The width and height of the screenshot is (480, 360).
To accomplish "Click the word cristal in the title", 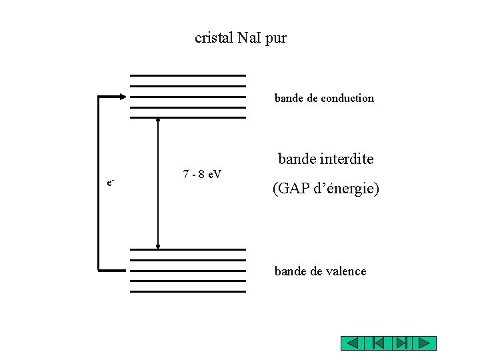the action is tap(213, 38).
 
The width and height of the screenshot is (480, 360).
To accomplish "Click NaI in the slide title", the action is tap(248, 38).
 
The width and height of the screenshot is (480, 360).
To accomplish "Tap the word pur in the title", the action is tap(276, 39).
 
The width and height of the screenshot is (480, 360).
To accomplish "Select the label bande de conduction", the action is tap(324, 98).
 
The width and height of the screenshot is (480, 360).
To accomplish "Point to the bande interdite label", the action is tap(325, 159).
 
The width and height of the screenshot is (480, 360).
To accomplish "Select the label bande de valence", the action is tap(320, 271).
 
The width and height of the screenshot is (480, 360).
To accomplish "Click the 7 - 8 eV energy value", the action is tap(202, 175).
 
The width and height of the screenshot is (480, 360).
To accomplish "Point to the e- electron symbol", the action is tap(111, 182).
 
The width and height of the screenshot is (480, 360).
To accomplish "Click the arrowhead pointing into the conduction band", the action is tap(123, 97).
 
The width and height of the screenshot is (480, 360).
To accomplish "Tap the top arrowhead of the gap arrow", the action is tap(158, 120).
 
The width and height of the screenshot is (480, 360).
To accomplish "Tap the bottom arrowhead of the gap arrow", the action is tap(158, 246).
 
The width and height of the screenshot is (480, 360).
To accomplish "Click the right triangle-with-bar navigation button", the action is tap(401, 343).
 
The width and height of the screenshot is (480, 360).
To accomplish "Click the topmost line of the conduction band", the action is tap(188, 75).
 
